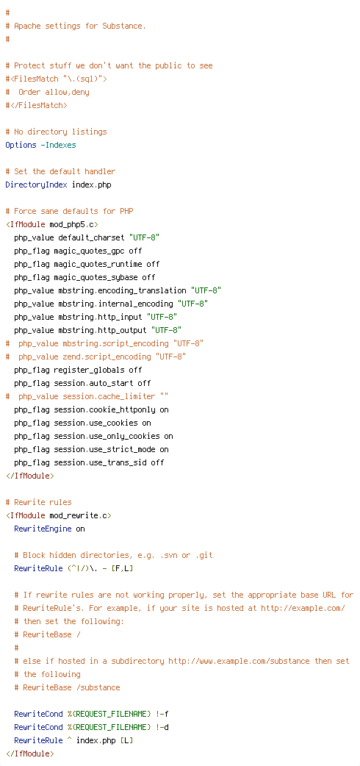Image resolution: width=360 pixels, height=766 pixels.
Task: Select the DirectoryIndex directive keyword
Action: point(37,185)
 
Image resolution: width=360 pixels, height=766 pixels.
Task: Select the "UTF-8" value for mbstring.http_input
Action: point(162,317)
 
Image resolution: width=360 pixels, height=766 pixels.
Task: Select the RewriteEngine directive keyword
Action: point(43,515)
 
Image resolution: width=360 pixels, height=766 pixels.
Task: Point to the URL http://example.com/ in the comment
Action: point(303,608)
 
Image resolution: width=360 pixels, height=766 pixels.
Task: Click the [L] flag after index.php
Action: point(126,740)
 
